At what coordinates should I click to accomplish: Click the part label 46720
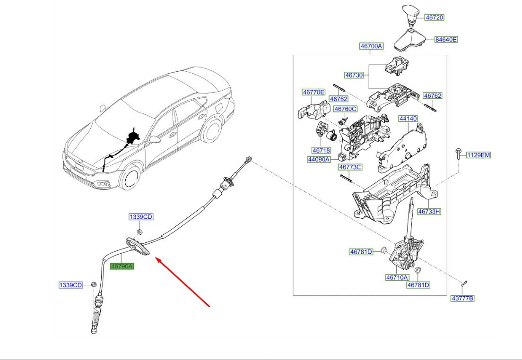[x=434, y=17]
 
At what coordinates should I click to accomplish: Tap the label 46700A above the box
[x=371, y=46]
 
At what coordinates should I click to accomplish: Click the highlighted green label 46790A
[x=122, y=266]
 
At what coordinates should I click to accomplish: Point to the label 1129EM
[x=478, y=155]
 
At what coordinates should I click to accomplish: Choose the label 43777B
[x=462, y=298]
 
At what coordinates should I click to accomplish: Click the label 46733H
[x=429, y=212]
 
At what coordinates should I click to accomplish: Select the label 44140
[x=408, y=119]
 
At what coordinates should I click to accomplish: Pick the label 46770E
[x=314, y=92]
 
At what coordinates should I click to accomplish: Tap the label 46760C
[x=346, y=109]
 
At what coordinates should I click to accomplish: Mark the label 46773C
[x=350, y=167]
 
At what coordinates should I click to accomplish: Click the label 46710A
[x=397, y=277]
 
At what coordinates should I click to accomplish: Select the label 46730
[x=354, y=75]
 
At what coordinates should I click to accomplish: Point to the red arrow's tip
[x=157, y=258]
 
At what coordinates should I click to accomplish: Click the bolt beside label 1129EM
[x=459, y=154]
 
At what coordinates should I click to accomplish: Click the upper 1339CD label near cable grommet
[x=141, y=217]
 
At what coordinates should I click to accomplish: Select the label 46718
[x=321, y=150]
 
